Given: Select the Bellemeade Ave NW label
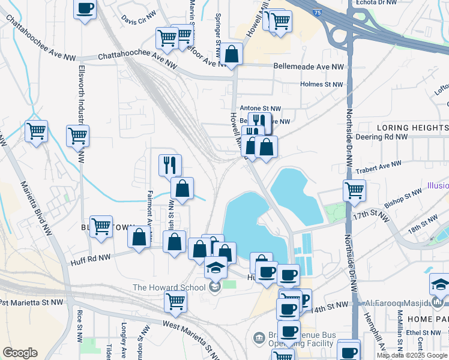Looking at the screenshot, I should point(309,67).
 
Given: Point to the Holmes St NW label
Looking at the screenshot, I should point(321,85).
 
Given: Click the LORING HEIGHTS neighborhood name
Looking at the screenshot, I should point(412,128).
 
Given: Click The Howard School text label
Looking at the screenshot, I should point(169,287).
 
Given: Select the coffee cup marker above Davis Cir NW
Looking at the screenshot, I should point(85,8).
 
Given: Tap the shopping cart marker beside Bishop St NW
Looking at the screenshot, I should point(354,191).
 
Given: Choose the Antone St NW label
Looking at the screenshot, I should point(261,108).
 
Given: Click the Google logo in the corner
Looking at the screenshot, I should point(20,353).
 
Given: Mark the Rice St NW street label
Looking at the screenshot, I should point(79,324).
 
